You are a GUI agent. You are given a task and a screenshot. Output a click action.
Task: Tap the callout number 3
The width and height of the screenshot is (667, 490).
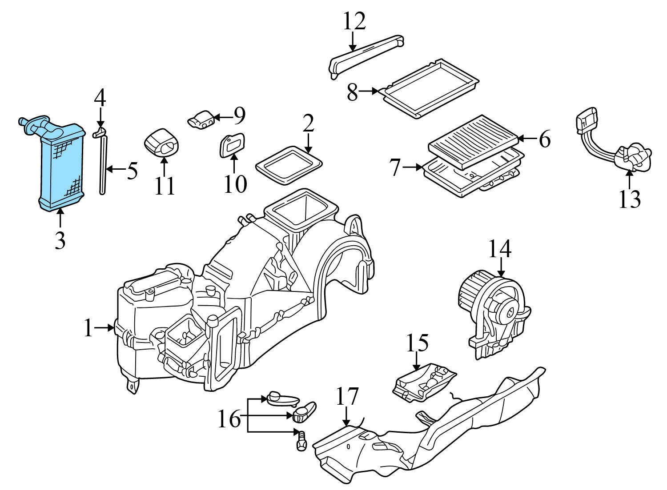[x=60, y=240]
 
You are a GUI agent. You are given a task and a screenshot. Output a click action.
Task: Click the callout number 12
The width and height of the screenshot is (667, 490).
[x=354, y=21]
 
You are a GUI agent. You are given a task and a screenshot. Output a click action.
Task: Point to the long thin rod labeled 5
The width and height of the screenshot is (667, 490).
[x=103, y=167]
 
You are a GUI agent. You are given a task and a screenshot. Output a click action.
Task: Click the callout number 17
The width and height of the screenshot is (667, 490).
[x=347, y=397]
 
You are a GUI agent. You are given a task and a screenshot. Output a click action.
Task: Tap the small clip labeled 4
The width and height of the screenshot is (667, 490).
[x=99, y=132]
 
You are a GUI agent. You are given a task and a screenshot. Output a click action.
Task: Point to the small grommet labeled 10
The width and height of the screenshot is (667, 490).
[x=232, y=145]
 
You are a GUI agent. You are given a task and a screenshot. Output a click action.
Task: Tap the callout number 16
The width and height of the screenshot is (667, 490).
[x=229, y=418]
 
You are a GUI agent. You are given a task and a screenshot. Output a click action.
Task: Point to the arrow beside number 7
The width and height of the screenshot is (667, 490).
[x=414, y=167]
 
